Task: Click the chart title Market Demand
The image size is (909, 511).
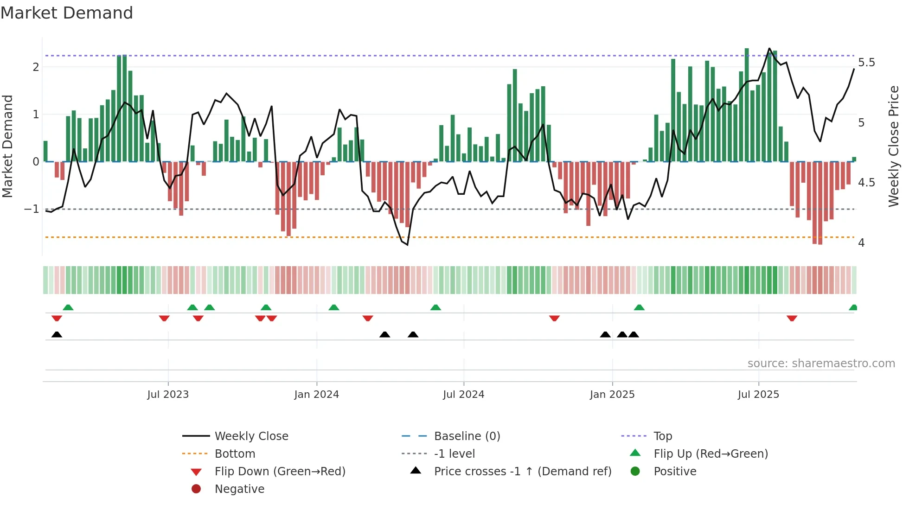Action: (x=67, y=13)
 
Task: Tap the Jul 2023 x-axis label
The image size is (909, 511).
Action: (x=168, y=395)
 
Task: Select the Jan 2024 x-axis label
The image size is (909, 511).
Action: (x=316, y=395)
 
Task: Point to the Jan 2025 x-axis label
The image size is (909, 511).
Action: (x=612, y=395)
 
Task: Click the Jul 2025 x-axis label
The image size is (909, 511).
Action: (x=758, y=395)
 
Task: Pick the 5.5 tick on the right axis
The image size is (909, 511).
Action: (x=866, y=63)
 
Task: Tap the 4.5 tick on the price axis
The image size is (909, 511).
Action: (x=866, y=183)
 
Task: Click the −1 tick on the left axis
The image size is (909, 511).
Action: (x=32, y=209)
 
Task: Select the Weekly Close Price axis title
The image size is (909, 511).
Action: (x=893, y=146)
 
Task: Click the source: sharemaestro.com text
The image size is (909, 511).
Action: (x=821, y=364)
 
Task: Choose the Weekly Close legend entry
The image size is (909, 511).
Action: (x=251, y=436)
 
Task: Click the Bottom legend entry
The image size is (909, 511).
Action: (x=235, y=454)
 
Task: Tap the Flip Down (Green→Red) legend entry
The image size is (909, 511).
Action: (x=280, y=472)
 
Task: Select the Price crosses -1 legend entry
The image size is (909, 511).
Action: (x=522, y=472)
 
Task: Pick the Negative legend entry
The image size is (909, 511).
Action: (x=239, y=489)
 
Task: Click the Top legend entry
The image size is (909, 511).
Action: (x=662, y=436)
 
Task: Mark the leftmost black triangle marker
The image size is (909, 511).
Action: (x=57, y=335)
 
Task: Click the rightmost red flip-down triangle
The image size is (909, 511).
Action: (x=792, y=318)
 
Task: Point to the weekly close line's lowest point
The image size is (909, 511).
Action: (x=407, y=244)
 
